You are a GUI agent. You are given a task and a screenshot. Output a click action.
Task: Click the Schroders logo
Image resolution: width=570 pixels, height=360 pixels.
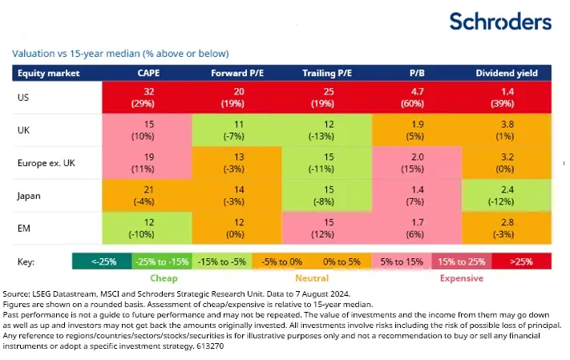coord(499,22)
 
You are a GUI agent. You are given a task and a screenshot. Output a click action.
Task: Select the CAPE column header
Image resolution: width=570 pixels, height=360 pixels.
coord(148,74)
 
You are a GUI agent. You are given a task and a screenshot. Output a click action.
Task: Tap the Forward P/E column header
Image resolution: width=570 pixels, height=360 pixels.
coord(239,74)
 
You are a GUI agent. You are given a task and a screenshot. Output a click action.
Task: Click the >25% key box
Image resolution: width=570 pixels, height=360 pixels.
coord(523,261)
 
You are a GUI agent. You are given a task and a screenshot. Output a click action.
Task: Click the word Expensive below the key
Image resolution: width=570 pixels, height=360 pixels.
coord(459,278)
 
